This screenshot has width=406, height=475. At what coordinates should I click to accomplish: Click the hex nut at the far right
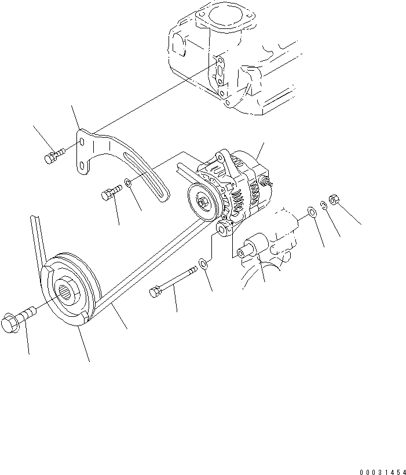pos(334,200)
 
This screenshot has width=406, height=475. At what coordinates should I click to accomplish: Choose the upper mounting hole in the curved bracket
pos(84,141)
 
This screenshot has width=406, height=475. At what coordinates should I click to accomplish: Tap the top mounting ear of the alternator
pos(221,156)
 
